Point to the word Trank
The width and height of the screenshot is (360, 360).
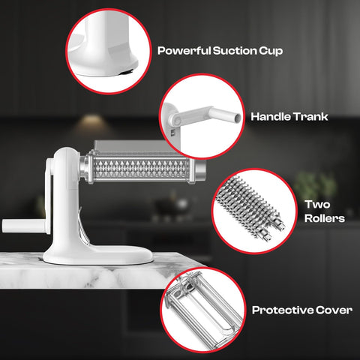click(x=312, y=117)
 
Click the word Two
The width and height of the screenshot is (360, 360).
click(x=316, y=204)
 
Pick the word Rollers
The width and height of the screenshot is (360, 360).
click(x=324, y=219)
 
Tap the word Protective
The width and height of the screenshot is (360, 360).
click(x=283, y=310)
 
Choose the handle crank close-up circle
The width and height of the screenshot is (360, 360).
click(x=201, y=118)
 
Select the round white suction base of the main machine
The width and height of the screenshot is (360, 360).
click(x=97, y=253)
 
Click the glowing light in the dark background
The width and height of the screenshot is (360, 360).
click(x=94, y=120)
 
